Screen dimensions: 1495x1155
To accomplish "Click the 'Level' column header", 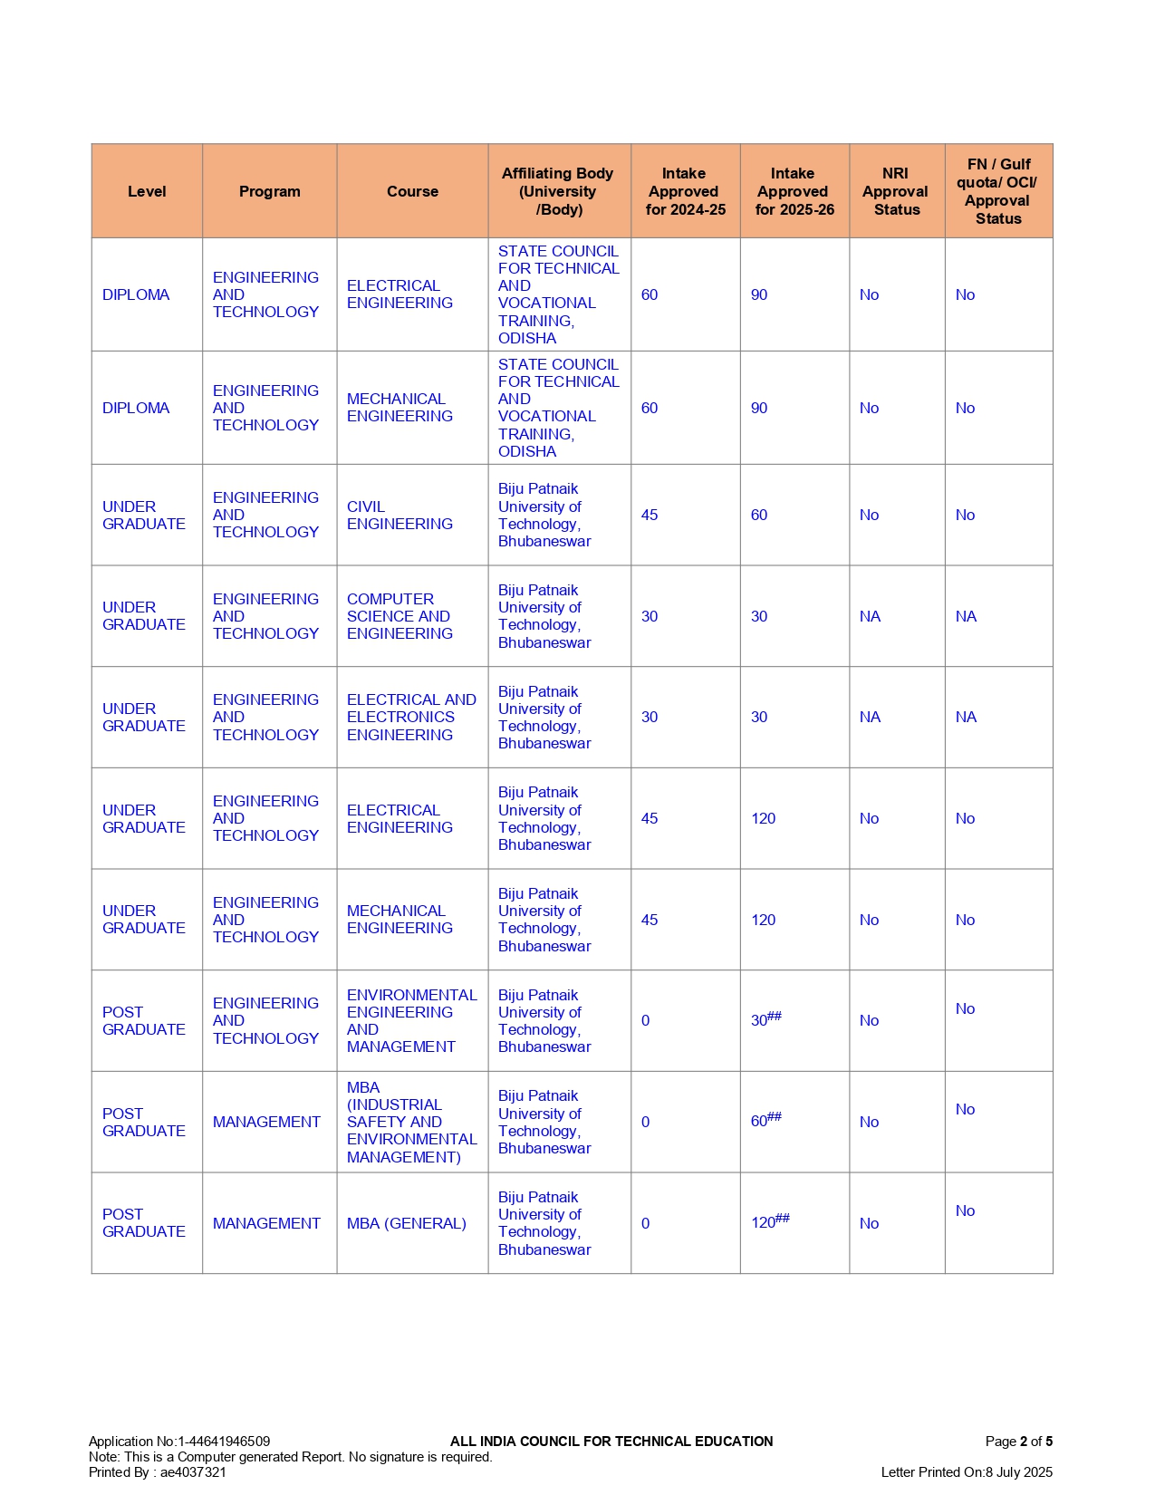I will coord(147,191).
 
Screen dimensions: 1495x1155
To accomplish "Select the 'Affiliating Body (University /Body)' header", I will coord(558,191).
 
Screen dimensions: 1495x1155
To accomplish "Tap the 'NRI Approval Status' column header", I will coord(896,191).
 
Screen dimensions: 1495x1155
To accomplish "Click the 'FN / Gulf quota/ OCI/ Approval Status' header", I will coord(997,191).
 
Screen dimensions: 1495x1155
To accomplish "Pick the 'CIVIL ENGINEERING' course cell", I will coord(399,515).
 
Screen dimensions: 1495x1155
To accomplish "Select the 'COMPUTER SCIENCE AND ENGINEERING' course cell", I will coord(399,616).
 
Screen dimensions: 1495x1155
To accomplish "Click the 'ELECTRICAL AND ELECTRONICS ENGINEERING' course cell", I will coord(410,717).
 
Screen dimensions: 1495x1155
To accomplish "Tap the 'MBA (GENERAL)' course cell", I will coord(407,1223).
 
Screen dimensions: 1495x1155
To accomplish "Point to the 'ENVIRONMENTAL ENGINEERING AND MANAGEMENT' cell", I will coord(411,1020).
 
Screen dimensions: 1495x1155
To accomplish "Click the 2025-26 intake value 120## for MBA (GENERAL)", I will coord(769,1221).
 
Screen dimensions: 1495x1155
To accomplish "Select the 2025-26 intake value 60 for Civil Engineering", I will coord(759,515).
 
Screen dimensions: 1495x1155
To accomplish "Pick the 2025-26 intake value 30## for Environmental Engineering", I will coord(765,1019).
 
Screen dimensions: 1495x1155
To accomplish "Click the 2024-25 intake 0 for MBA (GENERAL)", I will coord(645,1223).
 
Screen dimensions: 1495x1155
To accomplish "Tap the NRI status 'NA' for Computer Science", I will coord(870,616).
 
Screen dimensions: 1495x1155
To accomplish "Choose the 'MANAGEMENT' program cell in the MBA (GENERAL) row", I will coord(266,1223).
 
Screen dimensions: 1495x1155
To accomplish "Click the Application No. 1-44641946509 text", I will coord(179,1441).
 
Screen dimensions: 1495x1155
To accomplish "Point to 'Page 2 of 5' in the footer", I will coord(1018,1441).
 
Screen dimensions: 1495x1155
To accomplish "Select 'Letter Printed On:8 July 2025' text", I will coord(966,1471).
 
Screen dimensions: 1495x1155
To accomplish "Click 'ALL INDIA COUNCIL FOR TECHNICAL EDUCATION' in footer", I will coord(611,1441).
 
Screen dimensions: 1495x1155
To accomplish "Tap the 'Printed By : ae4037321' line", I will coord(158,1471).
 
